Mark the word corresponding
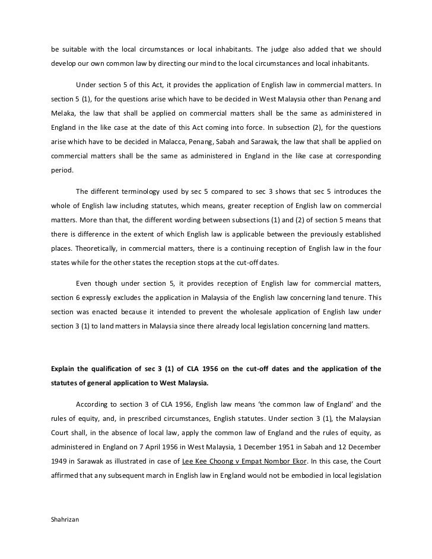coord(350,155)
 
